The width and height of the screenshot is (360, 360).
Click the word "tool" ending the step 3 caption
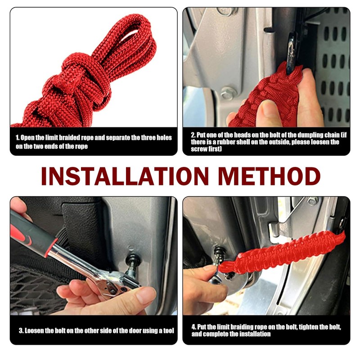point(166,331)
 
